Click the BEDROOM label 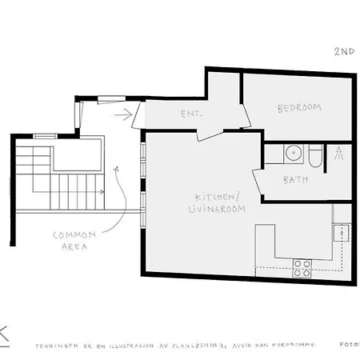[x=300, y=108]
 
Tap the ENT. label [x=191, y=114]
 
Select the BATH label [x=296, y=180]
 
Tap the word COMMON [x=74, y=235]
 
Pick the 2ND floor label [x=344, y=50]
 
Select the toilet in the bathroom [x=314, y=155]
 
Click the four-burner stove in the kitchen [x=302, y=267]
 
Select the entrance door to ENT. [x=138, y=114]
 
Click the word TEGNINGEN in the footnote [x=51, y=346]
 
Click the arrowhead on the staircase [x=104, y=193]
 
